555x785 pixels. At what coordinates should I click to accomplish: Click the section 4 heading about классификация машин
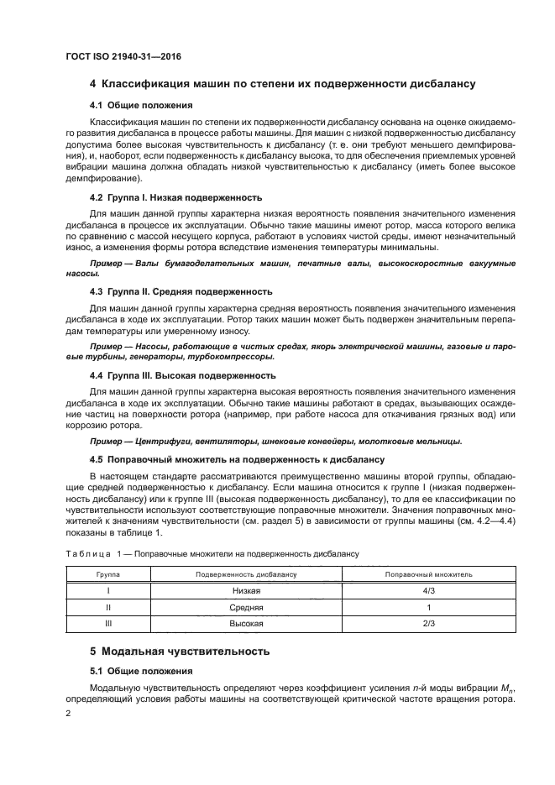click(x=283, y=84)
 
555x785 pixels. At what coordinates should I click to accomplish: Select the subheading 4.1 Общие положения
click(x=141, y=106)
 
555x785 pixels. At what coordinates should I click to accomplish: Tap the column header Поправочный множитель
click(x=428, y=574)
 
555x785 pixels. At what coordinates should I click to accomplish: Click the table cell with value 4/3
click(x=428, y=591)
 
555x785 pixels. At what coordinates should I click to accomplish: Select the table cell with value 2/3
click(x=428, y=624)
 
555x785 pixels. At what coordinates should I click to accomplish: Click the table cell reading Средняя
click(x=247, y=607)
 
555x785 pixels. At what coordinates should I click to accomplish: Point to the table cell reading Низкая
click(x=247, y=591)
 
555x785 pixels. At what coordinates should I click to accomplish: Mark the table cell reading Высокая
click(x=247, y=624)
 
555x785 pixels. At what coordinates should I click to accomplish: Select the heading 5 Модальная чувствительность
click(x=180, y=651)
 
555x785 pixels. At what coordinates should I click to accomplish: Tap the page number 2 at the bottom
click(x=69, y=714)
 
